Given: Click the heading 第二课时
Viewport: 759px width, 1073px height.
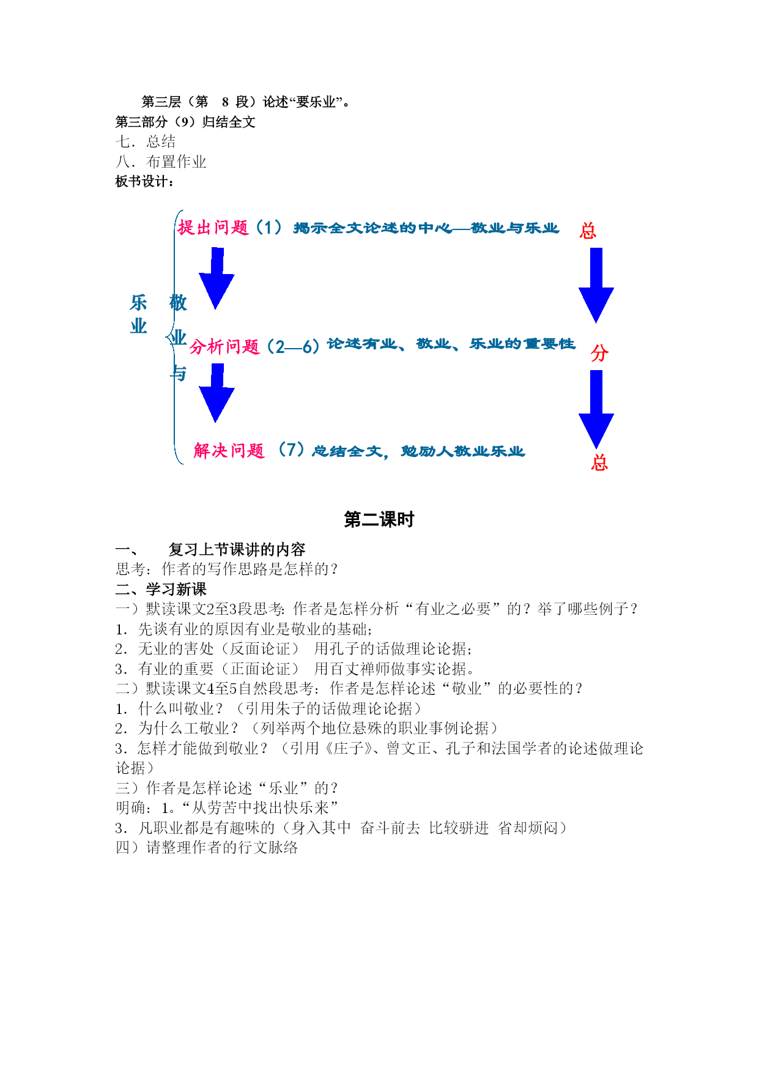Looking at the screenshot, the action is (x=379, y=519).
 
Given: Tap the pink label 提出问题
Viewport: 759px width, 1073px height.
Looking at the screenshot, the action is (x=213, y=228).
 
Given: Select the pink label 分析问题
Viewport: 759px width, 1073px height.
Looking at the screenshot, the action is (x=224, y=347).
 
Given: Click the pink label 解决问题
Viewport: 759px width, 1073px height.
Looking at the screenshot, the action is (x=229, y=451).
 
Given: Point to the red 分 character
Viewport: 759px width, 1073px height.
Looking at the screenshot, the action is (x=599, y=353).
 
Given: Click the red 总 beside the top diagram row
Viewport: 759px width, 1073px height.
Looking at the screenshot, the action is (x=588, y=231).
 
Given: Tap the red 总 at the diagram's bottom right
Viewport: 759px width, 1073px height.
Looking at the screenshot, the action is (x=599, y=462).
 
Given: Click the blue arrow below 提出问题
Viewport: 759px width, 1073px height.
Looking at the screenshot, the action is (x=216, y=278).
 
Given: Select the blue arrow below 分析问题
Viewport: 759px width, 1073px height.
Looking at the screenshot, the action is (x=216, y=393).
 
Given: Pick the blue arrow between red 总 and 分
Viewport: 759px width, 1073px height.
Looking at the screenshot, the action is (x=596, y=285).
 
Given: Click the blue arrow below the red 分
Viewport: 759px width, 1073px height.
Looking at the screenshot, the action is (x=596, y=409).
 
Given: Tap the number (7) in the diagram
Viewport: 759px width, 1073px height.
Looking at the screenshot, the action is (x=291, y=450).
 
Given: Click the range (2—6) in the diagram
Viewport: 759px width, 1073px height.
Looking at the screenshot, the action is (x=294, y=347).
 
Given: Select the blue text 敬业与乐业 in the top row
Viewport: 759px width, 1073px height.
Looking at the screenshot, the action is (x=515, y=228).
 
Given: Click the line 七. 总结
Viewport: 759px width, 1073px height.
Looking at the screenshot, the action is (x=146, y=142).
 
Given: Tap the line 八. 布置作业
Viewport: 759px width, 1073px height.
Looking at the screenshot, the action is (x=161, y=162).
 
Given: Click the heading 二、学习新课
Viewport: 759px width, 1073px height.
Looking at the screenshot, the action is (x=161, y=589).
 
